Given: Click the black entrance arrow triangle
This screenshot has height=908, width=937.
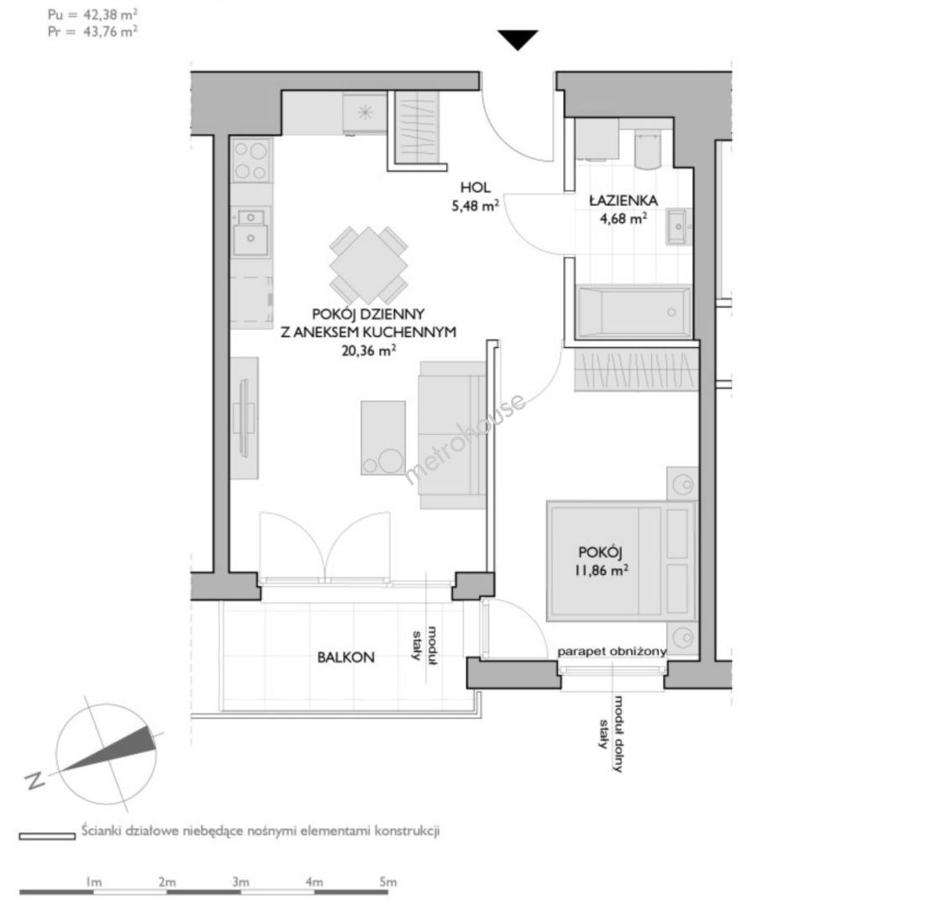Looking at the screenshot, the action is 518,40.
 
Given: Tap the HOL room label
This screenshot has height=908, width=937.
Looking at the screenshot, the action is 475,187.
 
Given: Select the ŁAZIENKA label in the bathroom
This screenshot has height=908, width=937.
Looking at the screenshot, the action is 624,200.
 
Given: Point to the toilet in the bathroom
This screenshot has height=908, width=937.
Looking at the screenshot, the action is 647,150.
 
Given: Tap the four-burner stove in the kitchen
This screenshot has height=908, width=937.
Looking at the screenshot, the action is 251,161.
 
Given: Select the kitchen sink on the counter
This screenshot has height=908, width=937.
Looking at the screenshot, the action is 250,232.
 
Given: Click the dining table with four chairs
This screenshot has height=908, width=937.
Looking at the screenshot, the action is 369,265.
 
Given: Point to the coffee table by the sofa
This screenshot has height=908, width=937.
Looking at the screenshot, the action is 383,438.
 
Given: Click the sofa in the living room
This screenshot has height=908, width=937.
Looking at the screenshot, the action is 452,436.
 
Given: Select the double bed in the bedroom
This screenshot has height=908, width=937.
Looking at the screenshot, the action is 622,562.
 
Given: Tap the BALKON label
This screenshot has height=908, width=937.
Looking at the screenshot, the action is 346,657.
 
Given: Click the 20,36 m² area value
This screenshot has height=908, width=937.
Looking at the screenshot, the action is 368,351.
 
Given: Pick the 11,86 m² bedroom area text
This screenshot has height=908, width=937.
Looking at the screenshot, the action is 601,570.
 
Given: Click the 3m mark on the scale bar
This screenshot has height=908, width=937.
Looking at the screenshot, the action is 240,881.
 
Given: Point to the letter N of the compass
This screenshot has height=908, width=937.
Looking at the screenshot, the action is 35,780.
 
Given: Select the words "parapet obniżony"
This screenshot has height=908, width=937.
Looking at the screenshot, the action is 612,651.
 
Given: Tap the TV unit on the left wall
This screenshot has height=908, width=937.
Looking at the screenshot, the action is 245,418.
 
